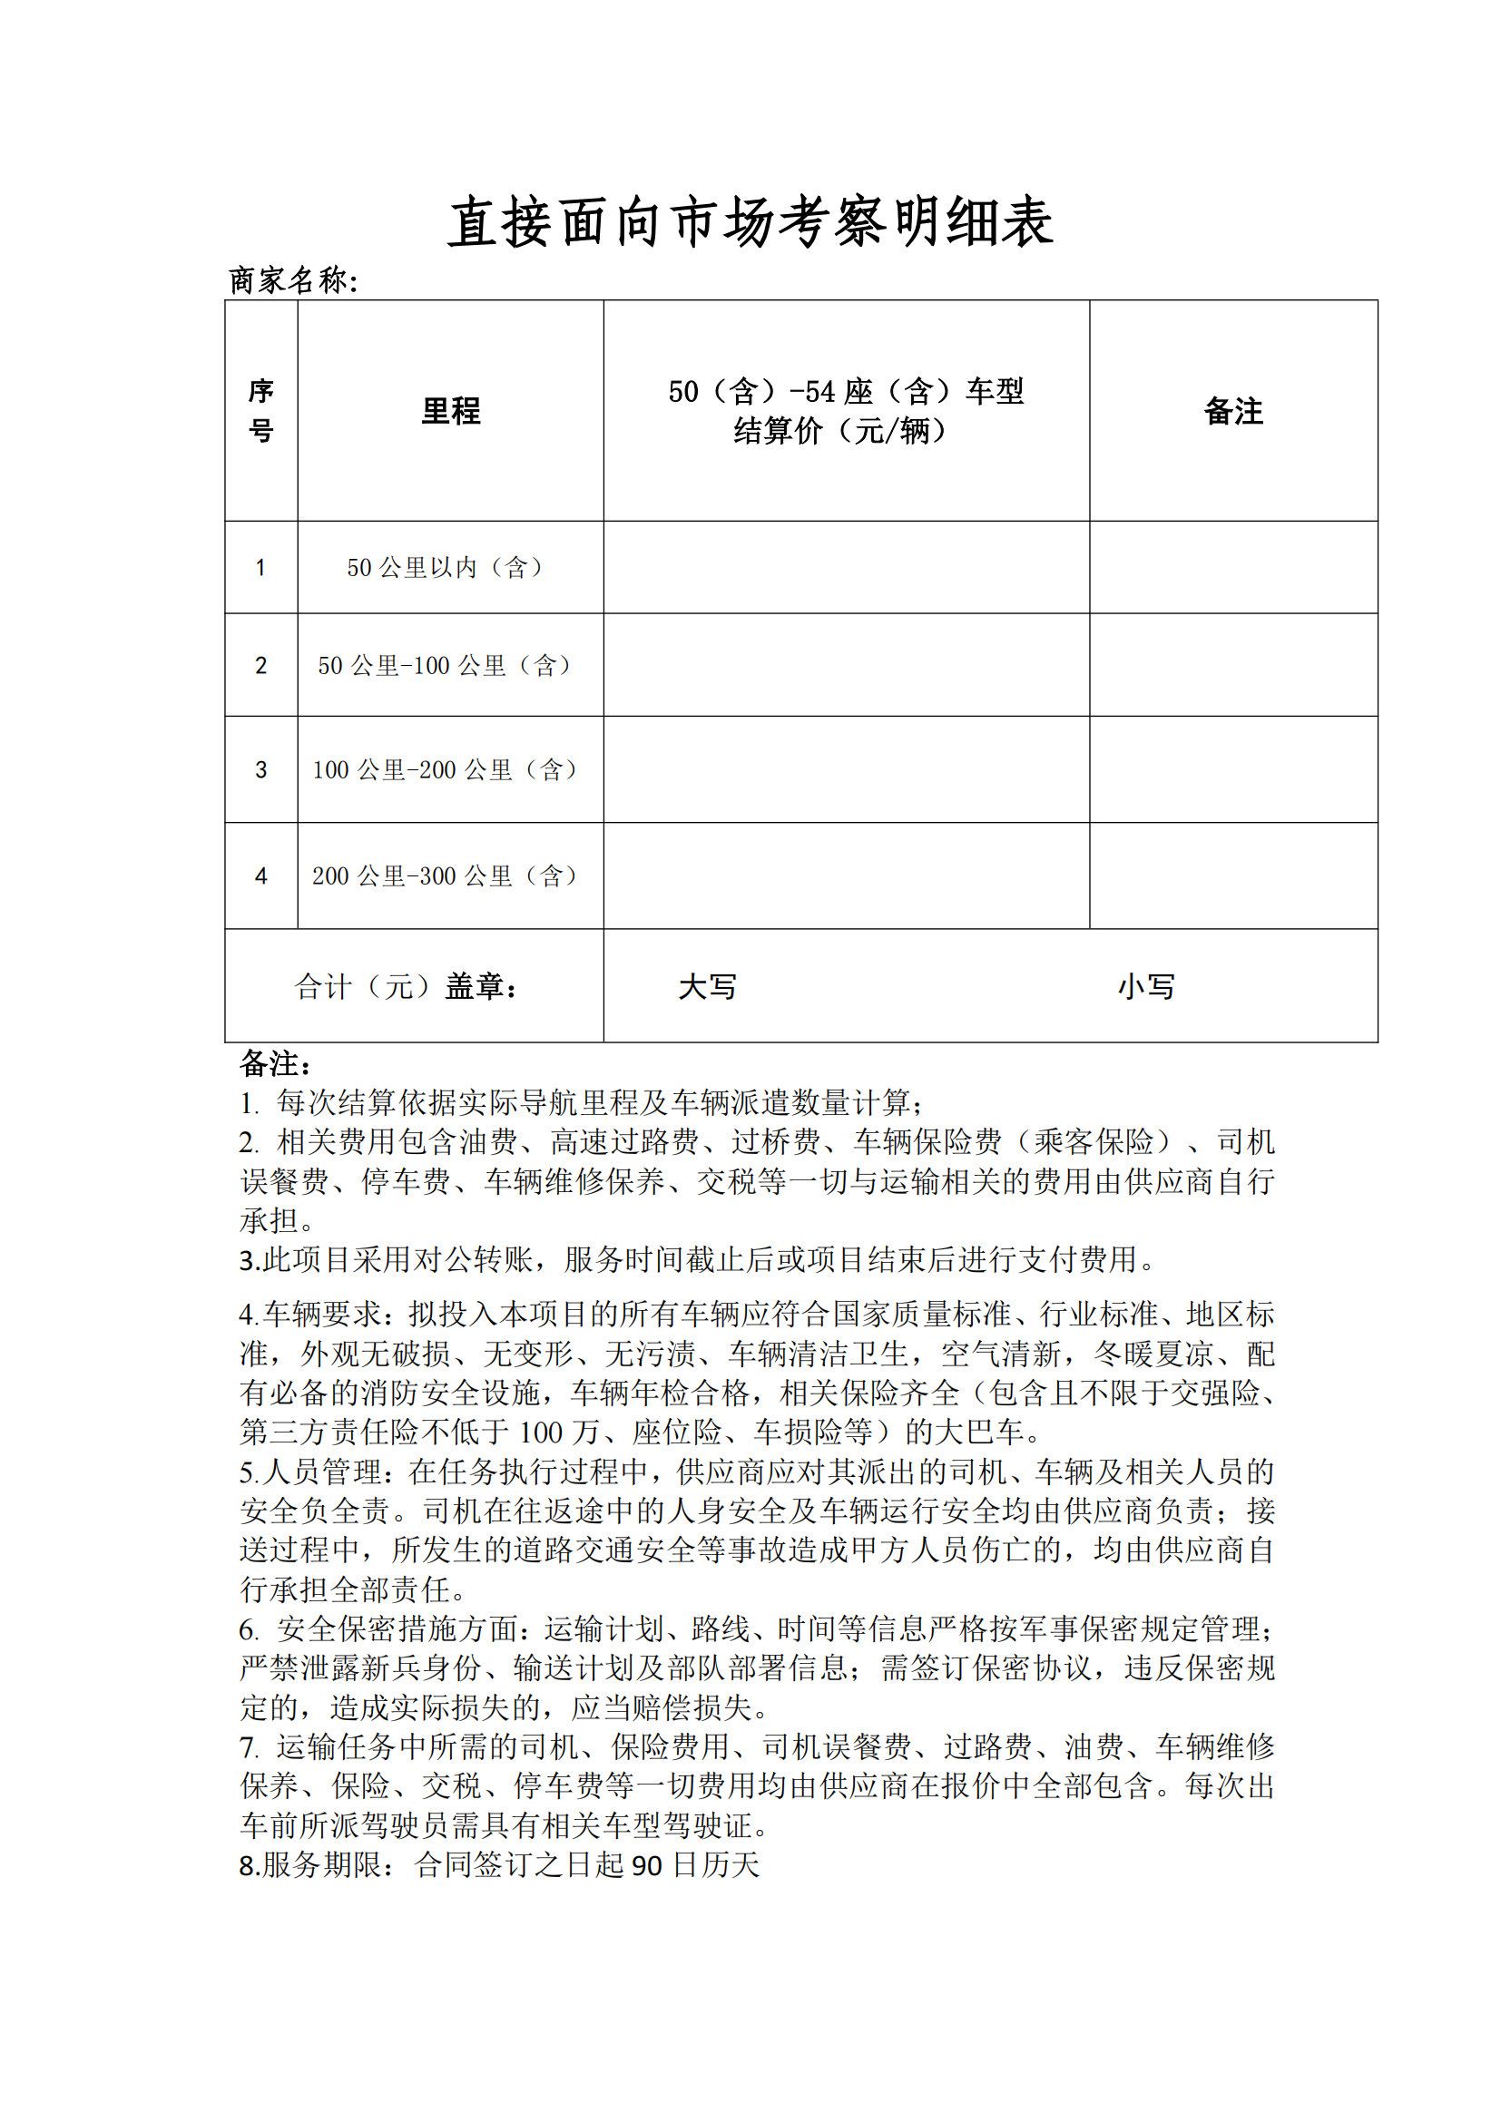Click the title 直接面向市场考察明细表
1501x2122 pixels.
pos(750,223)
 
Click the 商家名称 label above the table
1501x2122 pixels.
pos(292,280)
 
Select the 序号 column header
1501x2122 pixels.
pos(260,410)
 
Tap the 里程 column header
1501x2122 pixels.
pos(450,411)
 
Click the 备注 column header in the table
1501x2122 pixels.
pos(1233,411)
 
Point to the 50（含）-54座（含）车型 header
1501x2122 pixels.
pos(846,392)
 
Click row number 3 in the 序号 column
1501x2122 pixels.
pos(260,770)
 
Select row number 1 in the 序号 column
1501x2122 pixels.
pos(260,567)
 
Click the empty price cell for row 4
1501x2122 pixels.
pos(846,876)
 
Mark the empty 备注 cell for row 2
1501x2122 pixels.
pos(1233,665)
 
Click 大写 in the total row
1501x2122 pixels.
pos(707,987)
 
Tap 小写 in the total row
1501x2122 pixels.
pos(1146,987)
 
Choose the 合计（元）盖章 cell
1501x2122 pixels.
pos(407,987)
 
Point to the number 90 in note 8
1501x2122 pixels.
pos(647,1866)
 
